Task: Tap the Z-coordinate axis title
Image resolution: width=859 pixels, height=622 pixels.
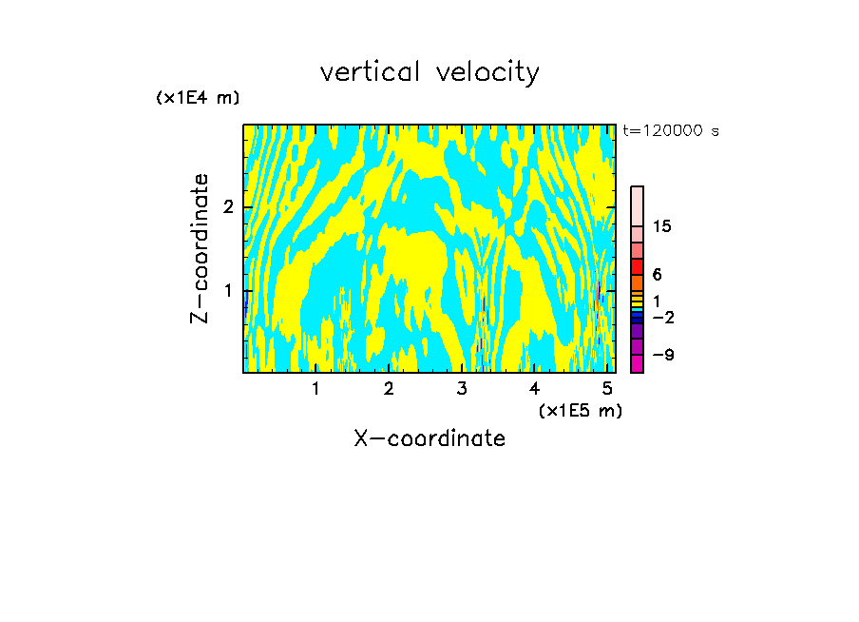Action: [x=200, y=248]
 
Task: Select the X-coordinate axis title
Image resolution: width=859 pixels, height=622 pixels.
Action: [x=429, y=438]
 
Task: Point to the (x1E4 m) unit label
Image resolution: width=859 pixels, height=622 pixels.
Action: [x=198, y=98]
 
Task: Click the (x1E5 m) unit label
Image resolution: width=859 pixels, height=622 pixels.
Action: [x=580, y=410]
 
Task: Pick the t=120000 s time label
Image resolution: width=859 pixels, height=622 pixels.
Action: [x=670, y=131]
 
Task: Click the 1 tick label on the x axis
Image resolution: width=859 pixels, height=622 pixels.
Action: [x=315, y=389]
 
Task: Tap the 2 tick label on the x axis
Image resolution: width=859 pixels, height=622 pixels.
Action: [x=389, y=389]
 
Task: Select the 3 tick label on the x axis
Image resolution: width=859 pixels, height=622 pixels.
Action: [x=462, y=389]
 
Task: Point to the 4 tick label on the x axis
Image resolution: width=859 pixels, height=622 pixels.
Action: [x=535, y=389]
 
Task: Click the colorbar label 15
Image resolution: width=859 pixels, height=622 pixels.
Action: [x=662, y=226]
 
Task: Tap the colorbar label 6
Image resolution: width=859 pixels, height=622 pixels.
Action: [x=657, y=275]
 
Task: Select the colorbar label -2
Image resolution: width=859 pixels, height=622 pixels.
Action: [x=663, y=318]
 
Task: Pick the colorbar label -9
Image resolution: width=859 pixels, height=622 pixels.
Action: [x=663, y=356]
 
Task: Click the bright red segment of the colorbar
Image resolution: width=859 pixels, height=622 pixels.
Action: [x=637, y=266]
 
